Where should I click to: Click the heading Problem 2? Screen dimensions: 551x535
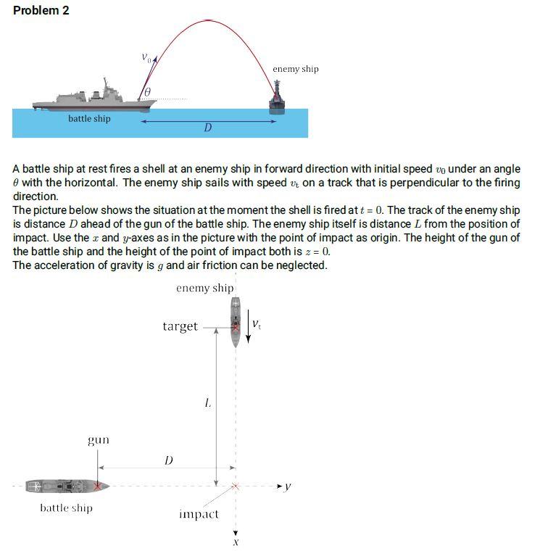pos(41,11)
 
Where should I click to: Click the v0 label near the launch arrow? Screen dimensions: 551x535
pos(147,58)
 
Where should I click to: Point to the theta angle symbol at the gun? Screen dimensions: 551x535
pos(148,92)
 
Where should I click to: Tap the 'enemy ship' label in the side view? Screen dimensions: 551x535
pos(295,69)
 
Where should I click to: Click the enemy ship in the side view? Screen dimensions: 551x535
pos(277,98)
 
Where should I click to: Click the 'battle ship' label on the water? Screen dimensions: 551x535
pos(89,118)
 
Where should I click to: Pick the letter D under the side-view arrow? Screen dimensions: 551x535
pos(207,128)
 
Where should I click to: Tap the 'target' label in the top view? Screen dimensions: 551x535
pos(180,326)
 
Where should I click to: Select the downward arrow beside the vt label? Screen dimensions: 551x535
pos(248,329)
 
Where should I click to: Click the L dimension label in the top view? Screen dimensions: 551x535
pos(208,403)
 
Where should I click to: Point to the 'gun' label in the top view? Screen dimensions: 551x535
pos(99,440)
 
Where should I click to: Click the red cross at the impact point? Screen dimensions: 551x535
pos(234,486)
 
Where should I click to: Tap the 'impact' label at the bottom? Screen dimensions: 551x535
pos(198,514)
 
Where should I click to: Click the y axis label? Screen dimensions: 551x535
pos(288,486)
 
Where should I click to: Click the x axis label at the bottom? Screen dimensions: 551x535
pos(235,541)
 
